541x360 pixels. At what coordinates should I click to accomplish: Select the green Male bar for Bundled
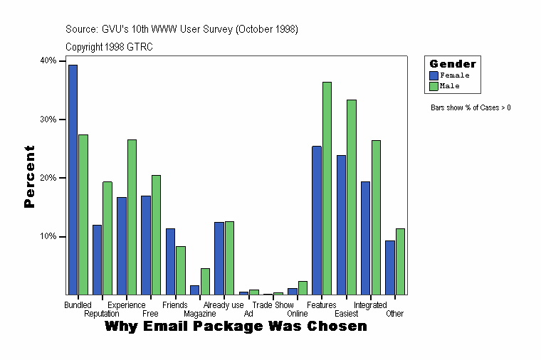[x=83, y=214]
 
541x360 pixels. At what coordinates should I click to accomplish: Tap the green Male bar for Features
[x=327, y=188]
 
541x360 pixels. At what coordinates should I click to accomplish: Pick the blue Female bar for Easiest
[x=342, y=225]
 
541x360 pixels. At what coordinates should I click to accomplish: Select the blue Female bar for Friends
[x=171, y=261]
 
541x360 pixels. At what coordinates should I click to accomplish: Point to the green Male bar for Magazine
[x=205, y=281]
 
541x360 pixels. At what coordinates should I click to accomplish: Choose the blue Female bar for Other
[x=390, y=268]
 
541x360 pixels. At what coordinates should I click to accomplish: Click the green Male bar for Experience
[x=132, y=217]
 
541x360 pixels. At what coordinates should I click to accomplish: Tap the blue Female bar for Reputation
[x=97, y=260]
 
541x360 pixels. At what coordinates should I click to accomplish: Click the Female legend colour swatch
[x=434, y=75]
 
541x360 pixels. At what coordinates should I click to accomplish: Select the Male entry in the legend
[x=450, y=86]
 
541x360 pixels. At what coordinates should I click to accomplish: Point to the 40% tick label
[x=48, y=60]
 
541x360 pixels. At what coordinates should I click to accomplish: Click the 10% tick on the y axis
[x=48, y=236]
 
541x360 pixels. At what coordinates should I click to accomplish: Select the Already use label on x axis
[x=224, y=305]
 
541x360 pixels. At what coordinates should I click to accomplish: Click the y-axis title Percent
[x=29, y=176]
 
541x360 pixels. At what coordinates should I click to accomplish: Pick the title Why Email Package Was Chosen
[x=236, y=327]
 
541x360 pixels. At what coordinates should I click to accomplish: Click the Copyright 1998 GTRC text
[x=109, y=47]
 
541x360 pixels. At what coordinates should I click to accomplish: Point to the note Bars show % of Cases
[x=471, y=107]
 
